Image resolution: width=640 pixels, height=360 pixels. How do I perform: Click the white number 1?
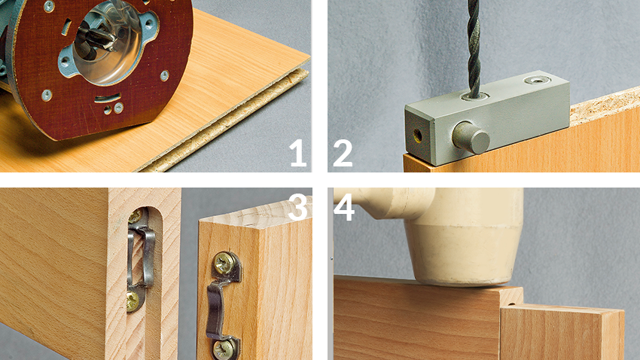click(298, 153)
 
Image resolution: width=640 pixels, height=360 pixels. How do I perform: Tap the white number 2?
click(343, 153)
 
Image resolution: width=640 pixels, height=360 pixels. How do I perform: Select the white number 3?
click(298, 207)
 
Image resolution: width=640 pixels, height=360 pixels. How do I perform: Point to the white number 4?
click(344, 207)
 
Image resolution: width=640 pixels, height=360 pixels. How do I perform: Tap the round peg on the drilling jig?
click(471, 137)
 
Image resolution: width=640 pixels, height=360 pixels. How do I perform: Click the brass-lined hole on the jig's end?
click(418, 134)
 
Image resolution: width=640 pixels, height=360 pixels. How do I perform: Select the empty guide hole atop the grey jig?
click(536, 80)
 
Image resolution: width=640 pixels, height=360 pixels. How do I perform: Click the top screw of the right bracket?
click(224, 264)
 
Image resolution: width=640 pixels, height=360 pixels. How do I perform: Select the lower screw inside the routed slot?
click(133, 302)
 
